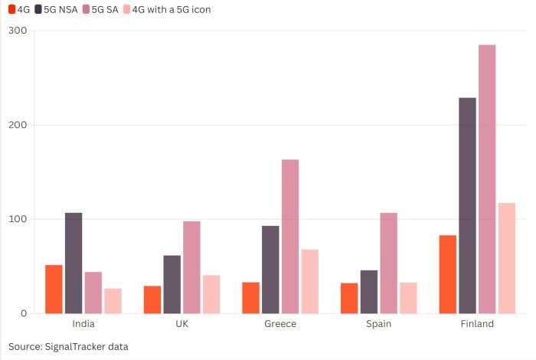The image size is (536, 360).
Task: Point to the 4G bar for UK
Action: click(x=152, y=299)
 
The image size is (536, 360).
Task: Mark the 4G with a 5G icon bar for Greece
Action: click(x=309, y=281)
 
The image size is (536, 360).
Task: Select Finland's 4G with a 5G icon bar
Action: click(x=507, y=258)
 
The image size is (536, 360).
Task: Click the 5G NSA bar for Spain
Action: click(x=369, y=291)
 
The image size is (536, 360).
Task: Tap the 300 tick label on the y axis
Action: click(x=17, y=31)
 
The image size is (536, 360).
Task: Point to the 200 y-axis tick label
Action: click(x=17, y=125)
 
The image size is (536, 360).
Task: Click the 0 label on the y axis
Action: click(x=23, y=313)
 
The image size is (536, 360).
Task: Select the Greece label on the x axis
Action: click(x=280, y=324)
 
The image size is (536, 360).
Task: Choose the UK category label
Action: click(x=181, y=324)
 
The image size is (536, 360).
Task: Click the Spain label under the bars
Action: click(x=379, y=324)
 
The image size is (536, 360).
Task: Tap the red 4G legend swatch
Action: click(x=11, y=10)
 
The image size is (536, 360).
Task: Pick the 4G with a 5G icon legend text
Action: click(x=172, y=10)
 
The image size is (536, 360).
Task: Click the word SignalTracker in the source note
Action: click(x=77, y=347)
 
